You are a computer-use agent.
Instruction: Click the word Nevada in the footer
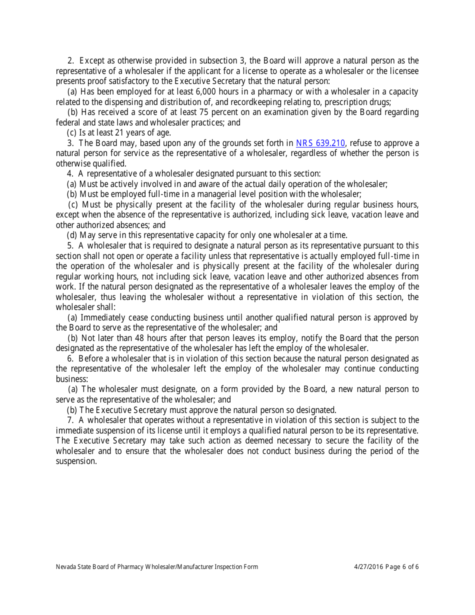[x=66, y=566]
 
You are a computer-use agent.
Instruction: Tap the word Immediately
[x=104, y=317]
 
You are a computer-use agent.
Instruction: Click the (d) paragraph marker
[x=72, y=235]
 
